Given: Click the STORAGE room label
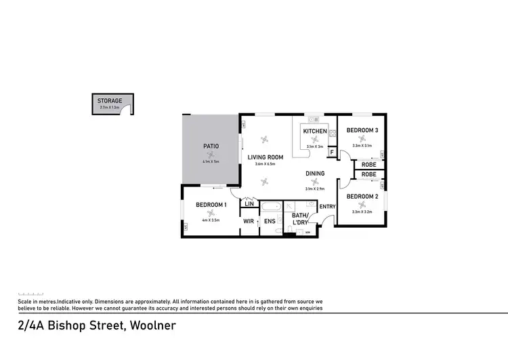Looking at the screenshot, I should [x=110, y=101].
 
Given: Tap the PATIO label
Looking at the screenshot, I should [x=210, y=146].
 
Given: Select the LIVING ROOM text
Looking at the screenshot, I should [x=265, y=157].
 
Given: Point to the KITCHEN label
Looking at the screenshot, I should [x=315, y=131].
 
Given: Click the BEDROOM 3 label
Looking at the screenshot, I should [x=362, y=130].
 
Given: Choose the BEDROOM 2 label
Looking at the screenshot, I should [x=362, y=197].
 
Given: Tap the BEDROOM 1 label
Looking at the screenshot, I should [x=211, y=205].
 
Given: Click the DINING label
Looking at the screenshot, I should [x=315, y=174].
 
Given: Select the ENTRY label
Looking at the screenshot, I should [x=328, y=207].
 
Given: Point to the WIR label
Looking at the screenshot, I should [x=249, y=221].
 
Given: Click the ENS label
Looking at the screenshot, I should [x=270, y=221].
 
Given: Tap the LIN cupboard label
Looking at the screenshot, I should [x=249, y=203].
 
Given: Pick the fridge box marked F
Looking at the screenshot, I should [x=331, y=152].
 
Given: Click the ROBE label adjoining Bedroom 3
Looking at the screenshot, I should [x=368, y=164].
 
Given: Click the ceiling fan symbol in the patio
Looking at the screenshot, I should [x=210, y=155].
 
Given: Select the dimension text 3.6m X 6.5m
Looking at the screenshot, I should [x=265, y=164].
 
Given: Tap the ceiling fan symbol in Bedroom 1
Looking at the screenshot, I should [x=211, y=213].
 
